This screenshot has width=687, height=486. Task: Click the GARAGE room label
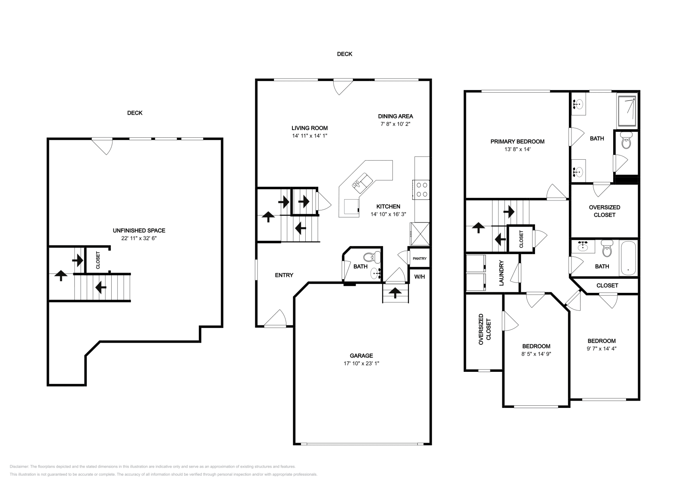coord(361,355)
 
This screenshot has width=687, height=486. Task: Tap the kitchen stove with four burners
coord(421,190)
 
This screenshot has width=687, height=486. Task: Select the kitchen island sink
coord(362,183)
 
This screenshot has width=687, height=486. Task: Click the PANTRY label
coord(419,258)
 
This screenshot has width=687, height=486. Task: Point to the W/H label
coord(419,277)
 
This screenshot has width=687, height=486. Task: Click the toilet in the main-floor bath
coord(371,257)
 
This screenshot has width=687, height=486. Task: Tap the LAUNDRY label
coord(501,273)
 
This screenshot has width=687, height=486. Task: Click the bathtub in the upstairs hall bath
coord(629,258)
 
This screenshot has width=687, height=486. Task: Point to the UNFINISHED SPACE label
coord(139,231)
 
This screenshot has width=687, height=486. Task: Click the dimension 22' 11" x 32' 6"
coord(139,238)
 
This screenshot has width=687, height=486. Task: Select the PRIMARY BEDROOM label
coord(517,142)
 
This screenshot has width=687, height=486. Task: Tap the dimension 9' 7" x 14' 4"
coord(602,349)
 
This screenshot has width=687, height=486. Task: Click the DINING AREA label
coord(395,116)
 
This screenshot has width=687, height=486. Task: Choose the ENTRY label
coord(284,275)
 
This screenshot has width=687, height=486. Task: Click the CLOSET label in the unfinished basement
coord(98,260)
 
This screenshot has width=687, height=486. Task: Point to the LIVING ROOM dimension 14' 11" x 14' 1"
coord(310,136)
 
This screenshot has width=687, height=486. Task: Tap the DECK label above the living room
coord(345,54)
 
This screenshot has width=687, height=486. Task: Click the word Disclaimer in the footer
coord(19,466)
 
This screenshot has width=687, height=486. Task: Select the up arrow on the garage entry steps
coord(395,292)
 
